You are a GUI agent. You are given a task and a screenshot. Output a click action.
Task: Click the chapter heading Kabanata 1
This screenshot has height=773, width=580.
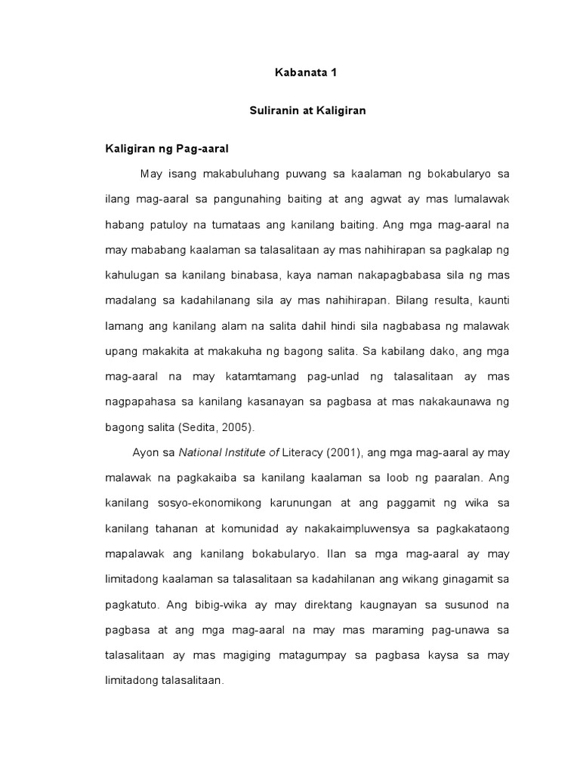coord(307,74)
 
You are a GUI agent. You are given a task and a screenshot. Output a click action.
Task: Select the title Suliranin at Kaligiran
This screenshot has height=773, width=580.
coord(307,111)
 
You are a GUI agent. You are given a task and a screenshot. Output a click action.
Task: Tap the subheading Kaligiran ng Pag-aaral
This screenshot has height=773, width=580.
coord(166,148)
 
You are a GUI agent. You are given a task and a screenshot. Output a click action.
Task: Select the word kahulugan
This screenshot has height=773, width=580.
coord(131,275)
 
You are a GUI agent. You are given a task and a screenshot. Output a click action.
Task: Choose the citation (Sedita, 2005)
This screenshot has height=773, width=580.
coord(217,427)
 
